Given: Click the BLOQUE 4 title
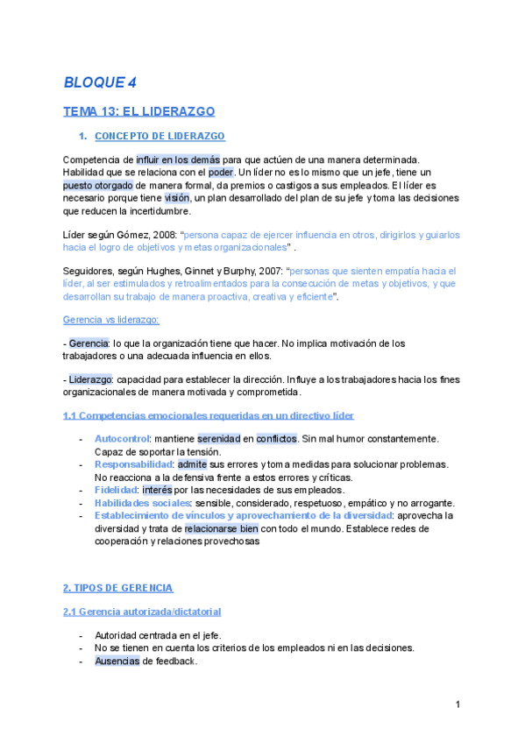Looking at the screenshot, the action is pyautogui.click(x=100, y=82).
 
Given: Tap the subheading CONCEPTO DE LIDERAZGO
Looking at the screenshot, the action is pyautogui.click(x=159, y=136).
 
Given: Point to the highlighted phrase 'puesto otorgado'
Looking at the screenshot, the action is pyautogui.click(x=98, y=186).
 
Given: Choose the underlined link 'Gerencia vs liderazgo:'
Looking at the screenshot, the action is pyautogui.click(x=111, y=321).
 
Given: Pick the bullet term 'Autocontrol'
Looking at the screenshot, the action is pyautogui.click(x=122, y=438).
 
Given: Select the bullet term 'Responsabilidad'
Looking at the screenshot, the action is pyautogui.click(x=133, y=464).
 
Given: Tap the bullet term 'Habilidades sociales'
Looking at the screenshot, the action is pyautogui.click(x=142, y=503).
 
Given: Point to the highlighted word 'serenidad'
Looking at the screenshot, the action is pyautogui.click(x=219, y=438).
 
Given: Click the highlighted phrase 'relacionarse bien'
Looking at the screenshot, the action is pyautogui.click(x=221, y=529).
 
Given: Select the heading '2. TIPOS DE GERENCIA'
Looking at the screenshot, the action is pyautogui.click(x=118, y=587).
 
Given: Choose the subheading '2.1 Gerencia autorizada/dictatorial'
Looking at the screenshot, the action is pyautogui.click(x=142, y=611).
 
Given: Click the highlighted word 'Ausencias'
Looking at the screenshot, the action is pyautogui.click(x=117, y=661).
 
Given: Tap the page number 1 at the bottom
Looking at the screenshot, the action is pyautogui.click(x=458, y=705).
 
